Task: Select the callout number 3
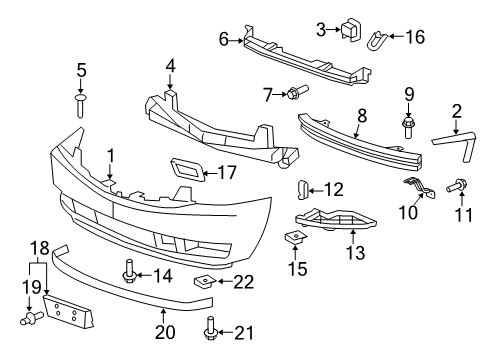[322, 30]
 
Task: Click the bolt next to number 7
[298, 96]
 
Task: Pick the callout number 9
[408, 96]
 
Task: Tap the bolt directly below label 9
[408, 127]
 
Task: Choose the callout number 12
[334, 187]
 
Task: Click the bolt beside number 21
[211, 328]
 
